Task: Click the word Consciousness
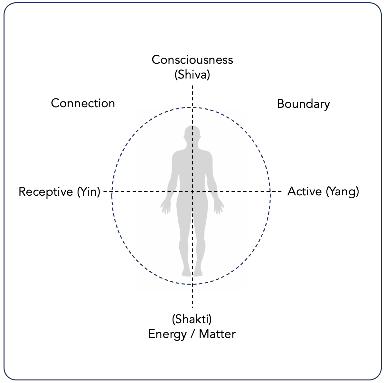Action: pos(192,60)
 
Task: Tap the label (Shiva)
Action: pos(192,75)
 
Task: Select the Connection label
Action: pos(83,103)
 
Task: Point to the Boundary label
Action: pos(303,104)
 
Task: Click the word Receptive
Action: pos(46,192)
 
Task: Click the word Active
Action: pos(304,191)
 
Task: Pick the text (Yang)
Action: pos(342,192)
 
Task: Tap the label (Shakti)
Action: pos(192,319)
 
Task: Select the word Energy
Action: pos(167,334)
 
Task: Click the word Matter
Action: pos(217,334)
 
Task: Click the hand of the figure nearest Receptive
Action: pos(165,207)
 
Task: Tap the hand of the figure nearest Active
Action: pos(219,207)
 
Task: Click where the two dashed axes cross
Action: pos(192,191)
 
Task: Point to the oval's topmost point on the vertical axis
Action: pos(192,107)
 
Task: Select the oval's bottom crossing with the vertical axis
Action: pos(192,284)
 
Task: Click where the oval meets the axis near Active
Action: pos(270,191)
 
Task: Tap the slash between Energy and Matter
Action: pos(192,334)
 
